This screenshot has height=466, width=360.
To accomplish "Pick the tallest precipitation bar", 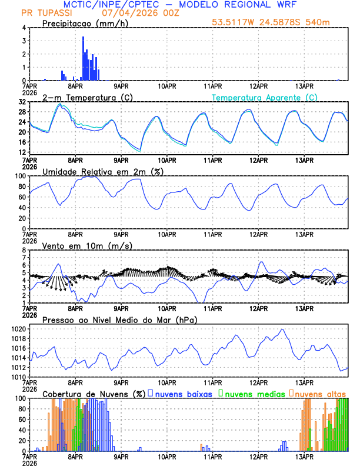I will click(x=83, y=58).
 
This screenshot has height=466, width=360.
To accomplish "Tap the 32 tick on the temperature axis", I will click(x=21, y=102).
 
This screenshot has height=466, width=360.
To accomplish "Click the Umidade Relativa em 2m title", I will click(x=103, y=171).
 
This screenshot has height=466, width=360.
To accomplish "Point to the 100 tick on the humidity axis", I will click(x=19, y=176).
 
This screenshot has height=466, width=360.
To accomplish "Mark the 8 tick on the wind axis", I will click(x=24, y=250).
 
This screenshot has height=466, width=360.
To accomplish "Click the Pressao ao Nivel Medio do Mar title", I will click(x=119, y=319).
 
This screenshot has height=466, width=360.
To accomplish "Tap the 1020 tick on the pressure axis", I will click(x=18, y=329).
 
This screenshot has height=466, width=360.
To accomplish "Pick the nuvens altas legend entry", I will click(x=319, y=394).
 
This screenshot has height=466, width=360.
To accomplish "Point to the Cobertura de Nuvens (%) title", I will click(x=94, y=394).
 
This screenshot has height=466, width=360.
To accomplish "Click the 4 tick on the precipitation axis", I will click(x=24, y=28).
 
